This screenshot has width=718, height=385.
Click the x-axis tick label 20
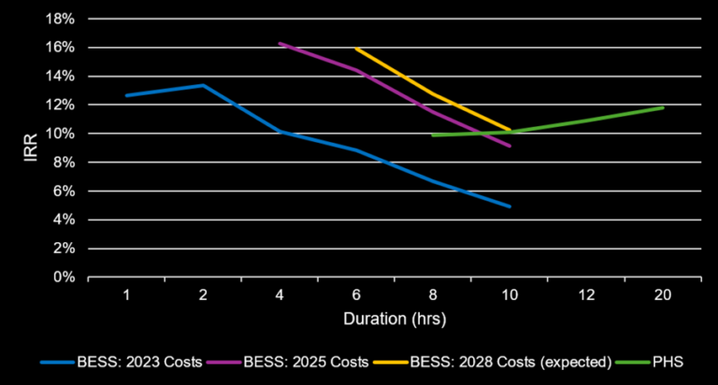pos(663,295)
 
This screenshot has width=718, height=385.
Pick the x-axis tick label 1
pos(126,295)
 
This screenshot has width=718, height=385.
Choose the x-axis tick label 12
pos(586,295)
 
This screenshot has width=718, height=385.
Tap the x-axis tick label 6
pos(356,295)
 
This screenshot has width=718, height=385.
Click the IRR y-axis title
pos(32,148)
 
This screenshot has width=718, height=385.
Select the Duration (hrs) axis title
pos(394,318)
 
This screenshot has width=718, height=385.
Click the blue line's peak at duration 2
pos(203,85)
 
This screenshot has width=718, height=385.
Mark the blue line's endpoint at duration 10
pos(510,207)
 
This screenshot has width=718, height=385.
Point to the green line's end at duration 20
pos(663,107)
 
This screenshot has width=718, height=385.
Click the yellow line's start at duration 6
pos(356,48)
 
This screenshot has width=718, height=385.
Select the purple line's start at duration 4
pos(280,43)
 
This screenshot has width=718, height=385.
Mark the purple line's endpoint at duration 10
pos(510,146)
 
